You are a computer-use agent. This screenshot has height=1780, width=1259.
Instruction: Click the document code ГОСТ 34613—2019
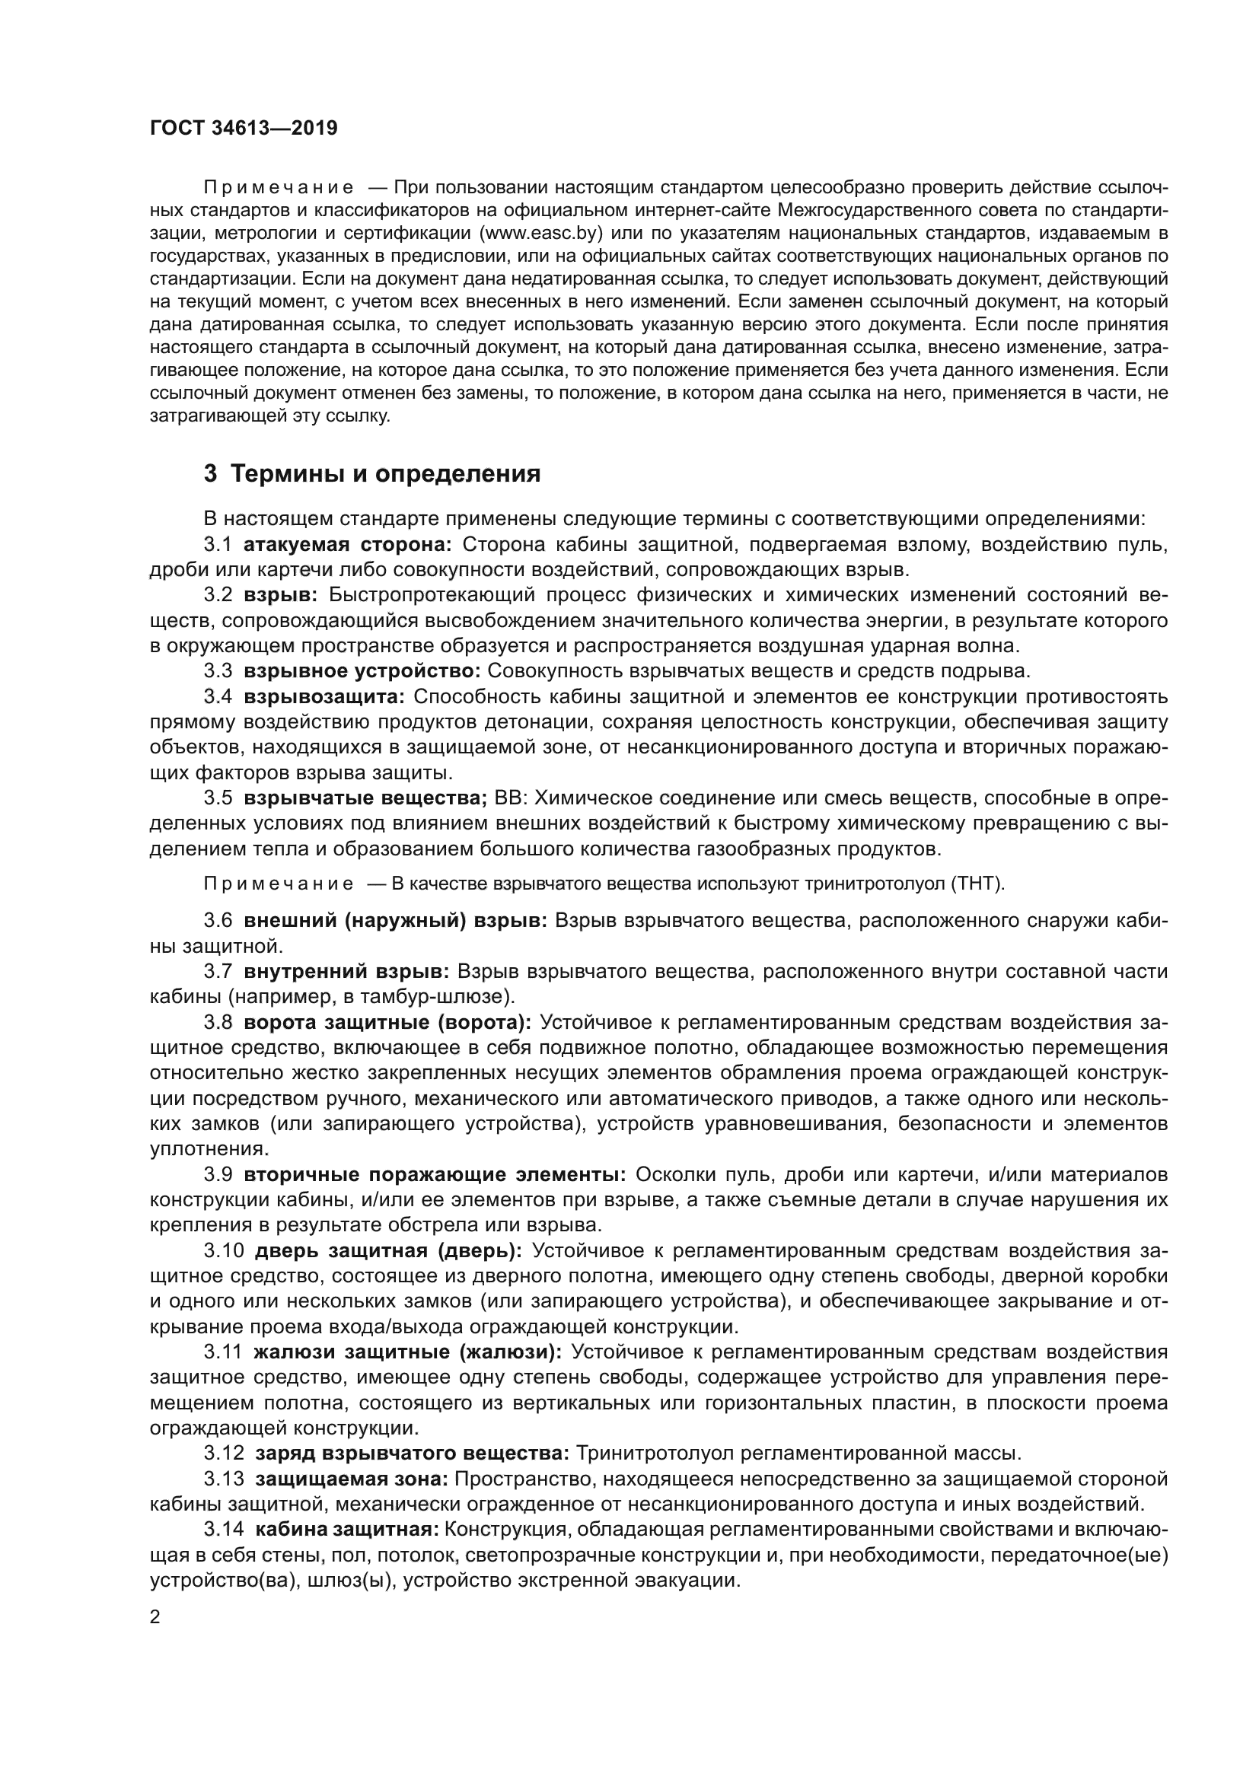(x=244, y=129)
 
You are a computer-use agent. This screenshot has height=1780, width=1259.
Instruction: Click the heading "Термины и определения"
(x=385, y=473)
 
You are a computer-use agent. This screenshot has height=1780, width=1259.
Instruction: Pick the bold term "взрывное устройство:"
(x=363, y=670)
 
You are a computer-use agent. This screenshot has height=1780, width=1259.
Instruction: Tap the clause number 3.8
(x=218, y=1023)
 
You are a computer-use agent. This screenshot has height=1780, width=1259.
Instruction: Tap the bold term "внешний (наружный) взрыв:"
(x=396, y=920)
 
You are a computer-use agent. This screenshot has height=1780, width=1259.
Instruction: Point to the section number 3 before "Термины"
(x=210, y=473)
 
